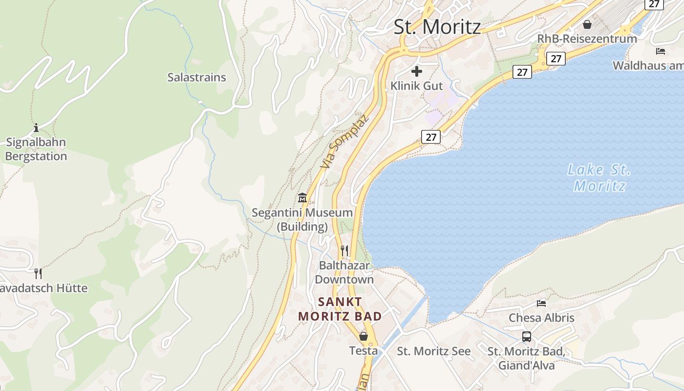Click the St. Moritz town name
pyautogui.click(x=437, y=27)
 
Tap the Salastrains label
pyautogui.click(x=197, y=77)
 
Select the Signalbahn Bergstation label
pyautogui.click(x=36, y=150)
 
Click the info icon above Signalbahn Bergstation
pyautogui.click(x=36, y=129)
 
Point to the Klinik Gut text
pyautogui.click(x=417, y=86)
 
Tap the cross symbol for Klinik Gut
pyautogui.click(x=417, y=72)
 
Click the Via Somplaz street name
pyautogui.click(x=343, y=142)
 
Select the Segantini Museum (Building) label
pyautogui.click(x=302, y=219)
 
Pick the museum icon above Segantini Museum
pyautogui.click(x=302, y=198)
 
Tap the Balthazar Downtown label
pyautogui.click(x=344, y=272)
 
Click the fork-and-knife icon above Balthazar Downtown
pyautogui.click(x=344, y=251)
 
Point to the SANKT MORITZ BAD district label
pyautogui.click(x=341, y=309)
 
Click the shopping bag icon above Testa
pyautogui.click(x=363, y=336)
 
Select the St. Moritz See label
pyautogui.click(x=434, y=351)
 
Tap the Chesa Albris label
pyautogui.click(x=541, y=318)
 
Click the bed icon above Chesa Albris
pyautogui.click(x=541, y=304)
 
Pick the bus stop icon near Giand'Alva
pyautogui.click(x=527, y=337)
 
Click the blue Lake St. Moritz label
pyautogui.click(x=599, y=178)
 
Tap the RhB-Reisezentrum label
pyautogui.click(x=587, y=39)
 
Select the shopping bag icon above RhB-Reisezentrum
pyautogui.click(x=587, y=24)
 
